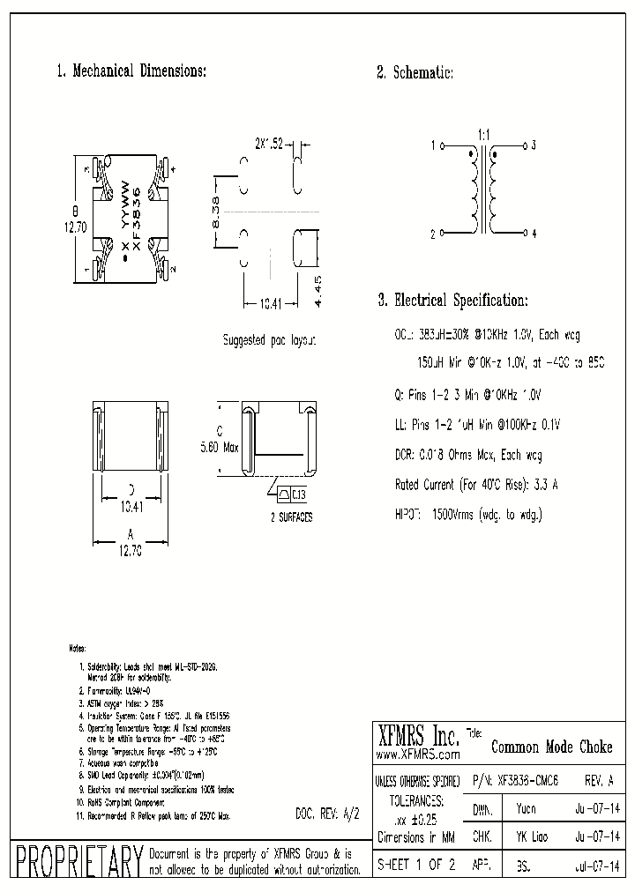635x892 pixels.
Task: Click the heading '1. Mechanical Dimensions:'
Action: (x=131, y=71)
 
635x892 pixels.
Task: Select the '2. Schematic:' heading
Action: (x=415, y=74)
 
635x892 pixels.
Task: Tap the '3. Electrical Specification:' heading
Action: (x=452, y=301)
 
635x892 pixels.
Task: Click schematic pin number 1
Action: (x=432, y=145)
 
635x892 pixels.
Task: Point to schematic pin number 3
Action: (x=534, y=145)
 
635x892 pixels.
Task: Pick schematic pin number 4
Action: (x=534, y=234)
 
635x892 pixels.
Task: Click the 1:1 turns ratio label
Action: (x=483, y=134)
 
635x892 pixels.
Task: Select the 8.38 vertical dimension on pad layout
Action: (x=215, y=214)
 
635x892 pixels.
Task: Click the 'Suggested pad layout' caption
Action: (x=269, y=339)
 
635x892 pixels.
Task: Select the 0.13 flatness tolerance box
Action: (x=298, y=494)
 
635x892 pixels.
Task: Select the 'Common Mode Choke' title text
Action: (x=550, y=747)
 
